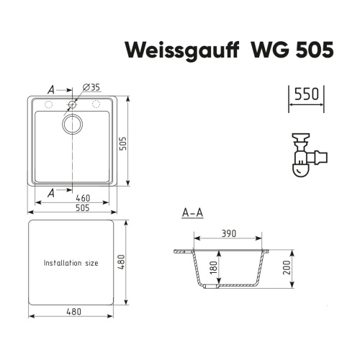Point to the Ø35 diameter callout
(91, 87)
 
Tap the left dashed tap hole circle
(49, 105)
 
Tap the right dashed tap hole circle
(95, 105)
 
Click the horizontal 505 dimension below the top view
(72, 209)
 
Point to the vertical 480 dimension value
(132, 263)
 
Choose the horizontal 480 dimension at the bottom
(72, 312)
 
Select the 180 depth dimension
(214, 268)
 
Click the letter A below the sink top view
(50, 194)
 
